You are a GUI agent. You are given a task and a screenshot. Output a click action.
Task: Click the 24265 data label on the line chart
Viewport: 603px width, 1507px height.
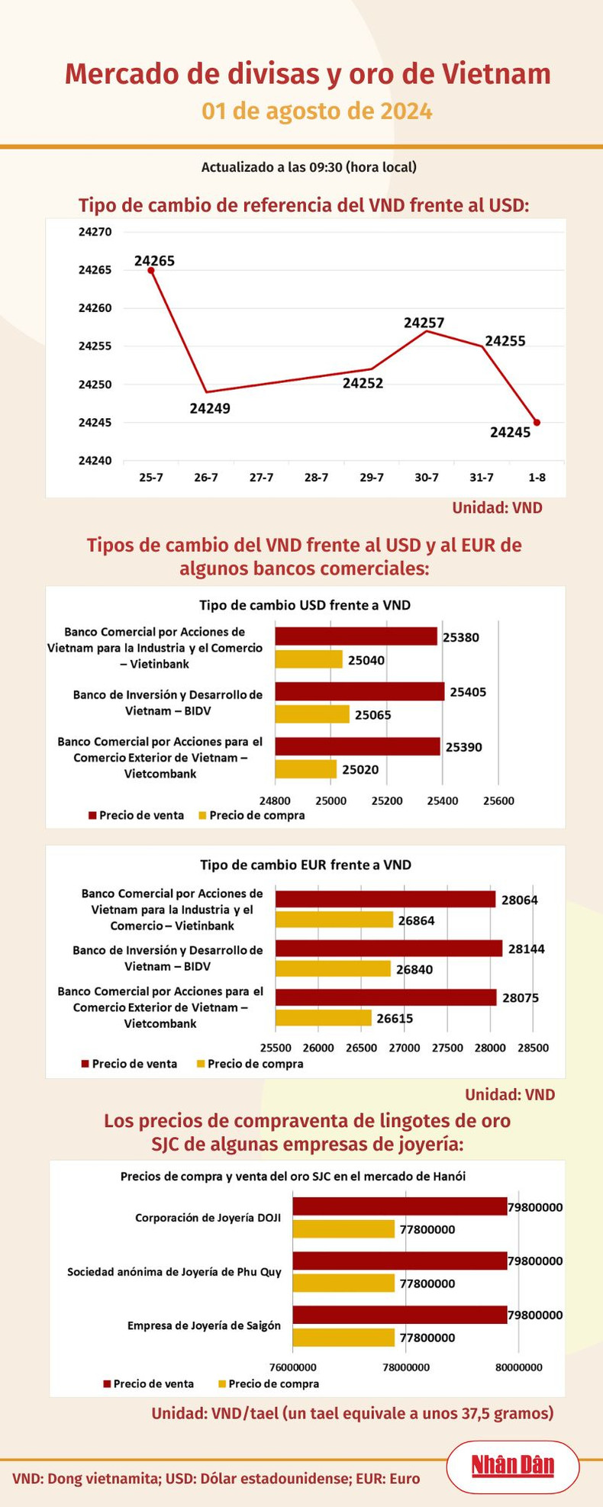(x=154, y=261)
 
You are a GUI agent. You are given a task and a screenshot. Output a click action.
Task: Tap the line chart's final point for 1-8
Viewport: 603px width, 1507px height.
(x=537, y=423)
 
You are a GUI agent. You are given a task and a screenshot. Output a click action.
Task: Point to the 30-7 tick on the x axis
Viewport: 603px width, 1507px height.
(x=427, y=478)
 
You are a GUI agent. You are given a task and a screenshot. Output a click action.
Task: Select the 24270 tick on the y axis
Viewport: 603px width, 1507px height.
(x=95, y=232)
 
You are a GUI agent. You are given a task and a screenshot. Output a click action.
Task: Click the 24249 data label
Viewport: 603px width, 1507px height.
(x=210, y=408)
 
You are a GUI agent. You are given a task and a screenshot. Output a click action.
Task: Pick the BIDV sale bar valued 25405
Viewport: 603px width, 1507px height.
(x=360, y=691)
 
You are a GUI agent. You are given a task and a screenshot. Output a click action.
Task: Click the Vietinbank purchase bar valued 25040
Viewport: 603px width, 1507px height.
(x=308, y=659)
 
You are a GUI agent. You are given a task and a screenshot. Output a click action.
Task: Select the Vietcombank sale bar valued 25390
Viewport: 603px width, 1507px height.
(x=357, y=746)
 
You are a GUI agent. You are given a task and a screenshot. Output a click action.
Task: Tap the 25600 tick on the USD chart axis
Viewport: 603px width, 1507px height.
(x=498, y=801)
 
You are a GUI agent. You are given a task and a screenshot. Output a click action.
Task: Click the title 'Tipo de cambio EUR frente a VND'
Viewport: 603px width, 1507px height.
(x=305, y=865)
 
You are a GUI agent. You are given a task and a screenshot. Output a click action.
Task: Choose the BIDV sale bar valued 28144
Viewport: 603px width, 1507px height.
(x=389, y=948)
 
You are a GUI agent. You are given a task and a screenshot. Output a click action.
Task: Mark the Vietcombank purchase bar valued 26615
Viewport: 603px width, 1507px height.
(x=323, y=1018)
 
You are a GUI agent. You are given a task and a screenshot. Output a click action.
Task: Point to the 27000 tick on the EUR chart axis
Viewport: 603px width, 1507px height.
(x=405, y=1048)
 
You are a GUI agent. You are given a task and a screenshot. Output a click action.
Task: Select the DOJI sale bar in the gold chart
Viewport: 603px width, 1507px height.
(x=399, y=1206)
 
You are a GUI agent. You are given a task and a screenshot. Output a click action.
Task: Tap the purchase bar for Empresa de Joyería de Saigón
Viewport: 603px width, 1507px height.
(x=343, y=1337)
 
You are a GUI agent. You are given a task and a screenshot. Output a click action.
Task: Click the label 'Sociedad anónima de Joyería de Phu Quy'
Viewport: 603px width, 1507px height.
(x=174, y=1272)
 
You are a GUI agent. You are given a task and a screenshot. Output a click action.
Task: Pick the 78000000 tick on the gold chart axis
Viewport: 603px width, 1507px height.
(x=405, y=1367)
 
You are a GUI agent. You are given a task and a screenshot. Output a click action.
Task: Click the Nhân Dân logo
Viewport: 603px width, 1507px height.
(x=512, y=1466)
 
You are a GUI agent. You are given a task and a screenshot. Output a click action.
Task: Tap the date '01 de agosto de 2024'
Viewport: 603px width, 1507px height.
(x=317, y=111)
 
